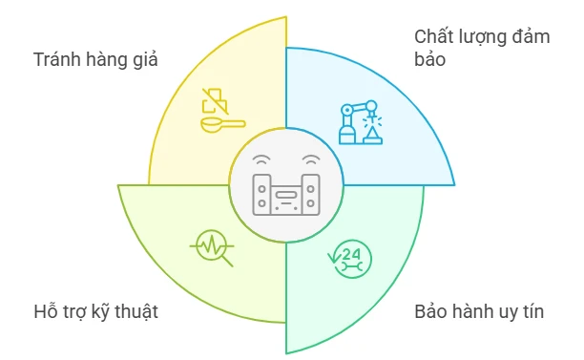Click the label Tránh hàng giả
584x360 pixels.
(94, 59)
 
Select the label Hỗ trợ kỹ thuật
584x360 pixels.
(94, 311)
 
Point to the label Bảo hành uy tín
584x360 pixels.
(479, 311)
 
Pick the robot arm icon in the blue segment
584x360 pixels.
(361, 121)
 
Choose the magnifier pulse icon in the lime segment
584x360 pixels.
(212, 247)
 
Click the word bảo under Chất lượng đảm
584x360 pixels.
(431, 59)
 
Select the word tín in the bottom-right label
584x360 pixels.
(531, 311)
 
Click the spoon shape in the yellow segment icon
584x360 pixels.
(220, 122)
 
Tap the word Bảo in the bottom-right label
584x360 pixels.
(431, 311)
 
